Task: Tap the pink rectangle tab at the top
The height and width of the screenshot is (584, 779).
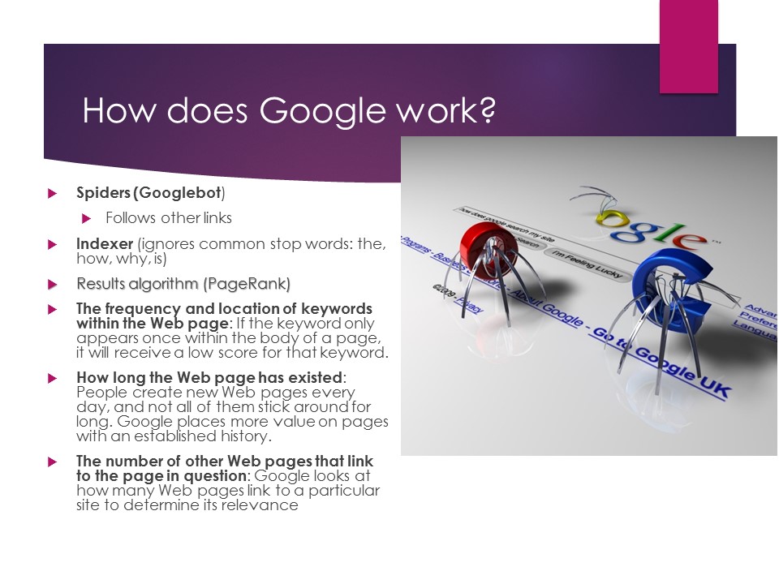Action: click(x=688, y=45)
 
